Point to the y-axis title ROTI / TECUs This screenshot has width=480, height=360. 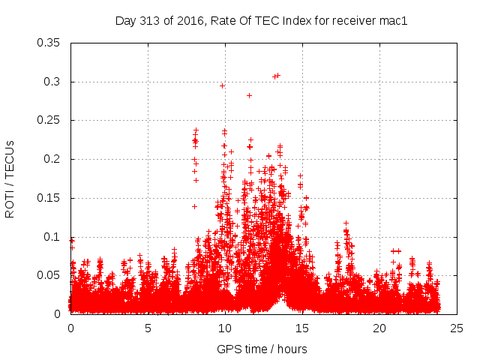click(x=10, y=178)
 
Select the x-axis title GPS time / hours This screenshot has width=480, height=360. click(x=261, y=349)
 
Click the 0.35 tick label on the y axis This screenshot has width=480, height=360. click(x=49, y=43)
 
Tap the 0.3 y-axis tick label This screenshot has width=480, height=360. click(x=52, y=82)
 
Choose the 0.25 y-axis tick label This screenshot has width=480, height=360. click(x=49, y=120)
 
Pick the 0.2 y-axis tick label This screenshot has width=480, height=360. click(x=52, y=159)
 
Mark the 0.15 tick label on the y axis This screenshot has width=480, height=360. click(x=49, y=198)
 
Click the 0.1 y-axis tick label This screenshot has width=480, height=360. click(x=52, y=236)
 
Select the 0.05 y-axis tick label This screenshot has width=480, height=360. click(x=49, y=275)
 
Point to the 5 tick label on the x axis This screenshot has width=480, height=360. click(x=148, y=328)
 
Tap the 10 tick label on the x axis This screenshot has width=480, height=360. click(x=225, y=328)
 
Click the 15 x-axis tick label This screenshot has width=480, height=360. click(x=302, y=328)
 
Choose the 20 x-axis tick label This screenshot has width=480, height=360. click(x=379, y=328)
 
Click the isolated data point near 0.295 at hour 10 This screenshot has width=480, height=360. click(x=222, y=85)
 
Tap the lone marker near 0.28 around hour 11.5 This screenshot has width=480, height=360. click(x=249, y=95)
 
